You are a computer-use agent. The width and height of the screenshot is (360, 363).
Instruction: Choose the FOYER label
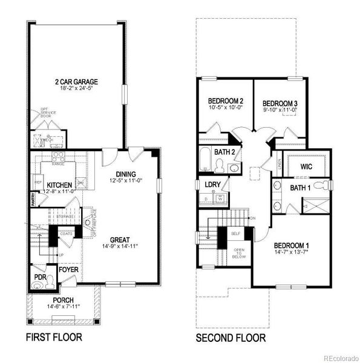[x=68, y=269]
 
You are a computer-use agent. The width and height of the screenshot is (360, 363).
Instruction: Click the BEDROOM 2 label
[x=226, y=100]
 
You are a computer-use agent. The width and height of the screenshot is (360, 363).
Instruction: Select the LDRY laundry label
[x=212, y=185]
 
